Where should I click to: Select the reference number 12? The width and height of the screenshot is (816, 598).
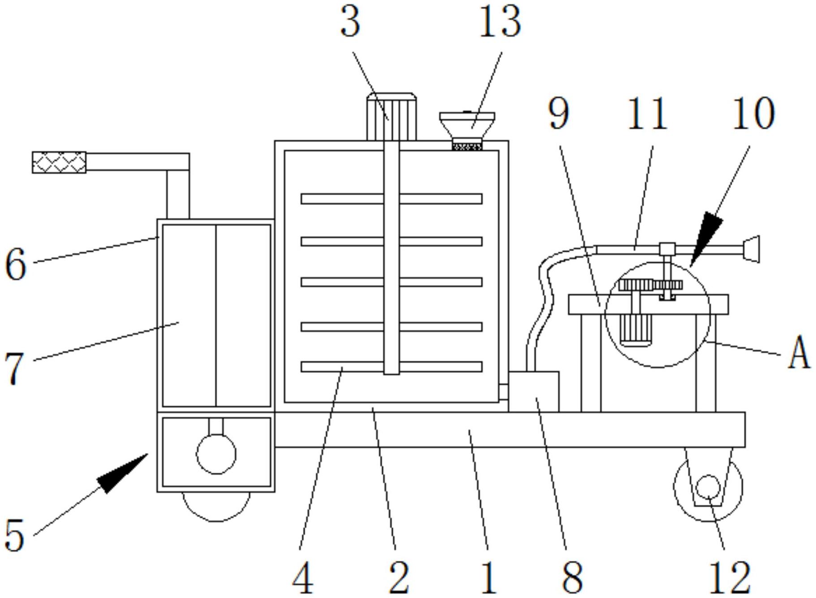729,577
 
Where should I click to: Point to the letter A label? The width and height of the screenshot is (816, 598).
799,353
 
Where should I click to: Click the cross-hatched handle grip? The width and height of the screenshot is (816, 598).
59,162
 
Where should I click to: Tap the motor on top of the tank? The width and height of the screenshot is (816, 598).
391,117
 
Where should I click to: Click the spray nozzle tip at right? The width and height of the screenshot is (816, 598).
752,249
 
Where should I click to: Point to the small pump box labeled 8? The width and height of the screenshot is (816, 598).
534,392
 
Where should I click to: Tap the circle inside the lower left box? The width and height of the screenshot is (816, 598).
216,454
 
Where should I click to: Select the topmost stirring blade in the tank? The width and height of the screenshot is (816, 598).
391,199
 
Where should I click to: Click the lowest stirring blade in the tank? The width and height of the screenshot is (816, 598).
391,367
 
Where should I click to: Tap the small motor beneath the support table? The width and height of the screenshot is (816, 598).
634,330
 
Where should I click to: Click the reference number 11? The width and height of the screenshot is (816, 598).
647,114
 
